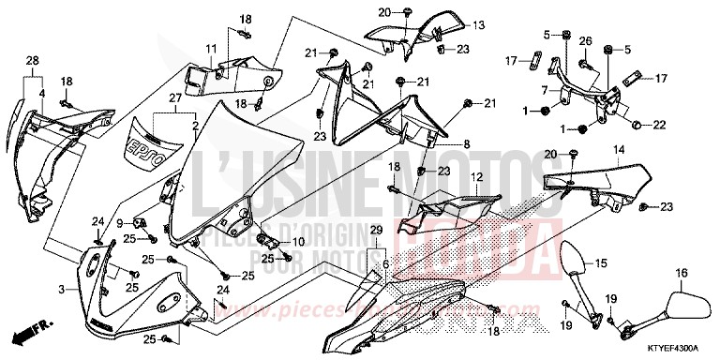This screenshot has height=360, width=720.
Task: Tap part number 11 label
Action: (x=212, y=48)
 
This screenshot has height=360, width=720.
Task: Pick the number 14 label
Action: (x=619, y=149)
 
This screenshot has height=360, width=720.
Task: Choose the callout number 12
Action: (x=476, y=175)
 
